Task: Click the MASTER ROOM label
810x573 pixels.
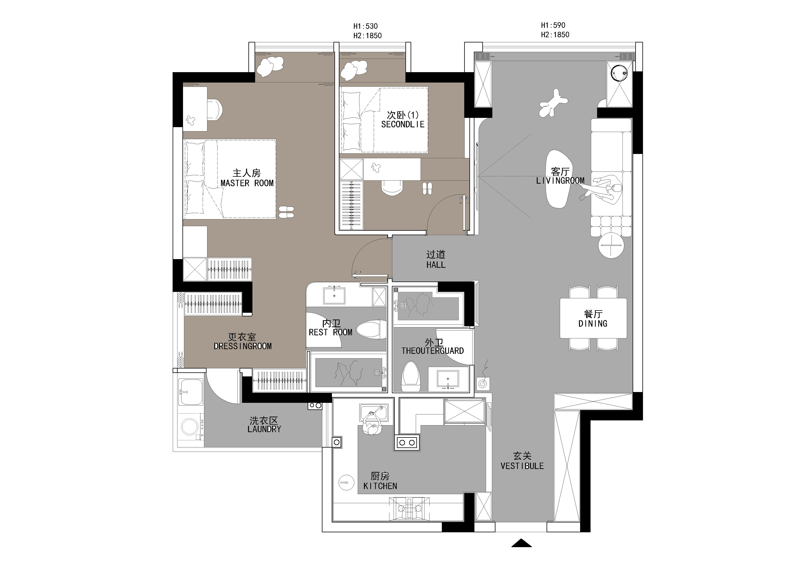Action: click(247, 183)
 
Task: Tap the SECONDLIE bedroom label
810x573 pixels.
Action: click(402, 124)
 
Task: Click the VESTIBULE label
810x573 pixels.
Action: click(522, 466)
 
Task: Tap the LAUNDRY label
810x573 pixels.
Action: click(264, 429)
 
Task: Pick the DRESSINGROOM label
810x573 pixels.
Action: click(243, 346)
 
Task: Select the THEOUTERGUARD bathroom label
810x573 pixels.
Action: click(433, 351)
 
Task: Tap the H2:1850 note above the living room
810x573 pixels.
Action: click(555, 35)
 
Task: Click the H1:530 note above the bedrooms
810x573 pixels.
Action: click(365, 26)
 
